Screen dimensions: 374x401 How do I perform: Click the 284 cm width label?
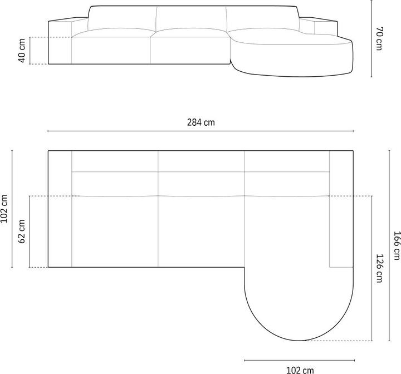click(x=200, y=122)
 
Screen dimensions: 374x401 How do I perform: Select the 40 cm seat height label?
click(x=22, y=51)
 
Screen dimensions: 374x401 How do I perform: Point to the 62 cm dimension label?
click(x=22, y=232)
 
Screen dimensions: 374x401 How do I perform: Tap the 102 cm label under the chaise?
click(x=300, y=368)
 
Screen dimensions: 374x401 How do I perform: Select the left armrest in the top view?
click(x=60, y=209)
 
